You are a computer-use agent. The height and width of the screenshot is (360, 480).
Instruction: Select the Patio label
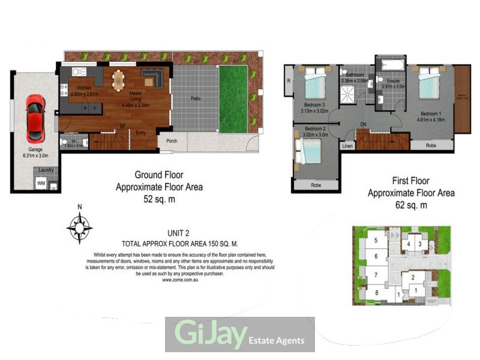coord(196,98)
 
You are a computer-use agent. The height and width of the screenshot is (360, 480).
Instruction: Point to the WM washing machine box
coord(41,182)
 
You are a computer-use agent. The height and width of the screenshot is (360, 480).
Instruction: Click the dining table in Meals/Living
coord(119,79)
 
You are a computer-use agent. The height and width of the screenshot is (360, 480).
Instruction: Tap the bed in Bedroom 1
coord(430,84)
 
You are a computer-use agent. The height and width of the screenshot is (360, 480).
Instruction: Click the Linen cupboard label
coord(347,146)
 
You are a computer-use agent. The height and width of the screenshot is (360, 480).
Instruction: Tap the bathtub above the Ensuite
coord(390,64)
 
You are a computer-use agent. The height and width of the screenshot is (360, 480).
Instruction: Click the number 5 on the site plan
coord(376,241)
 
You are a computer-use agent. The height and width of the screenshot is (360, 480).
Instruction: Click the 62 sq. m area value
coord(410,205)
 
